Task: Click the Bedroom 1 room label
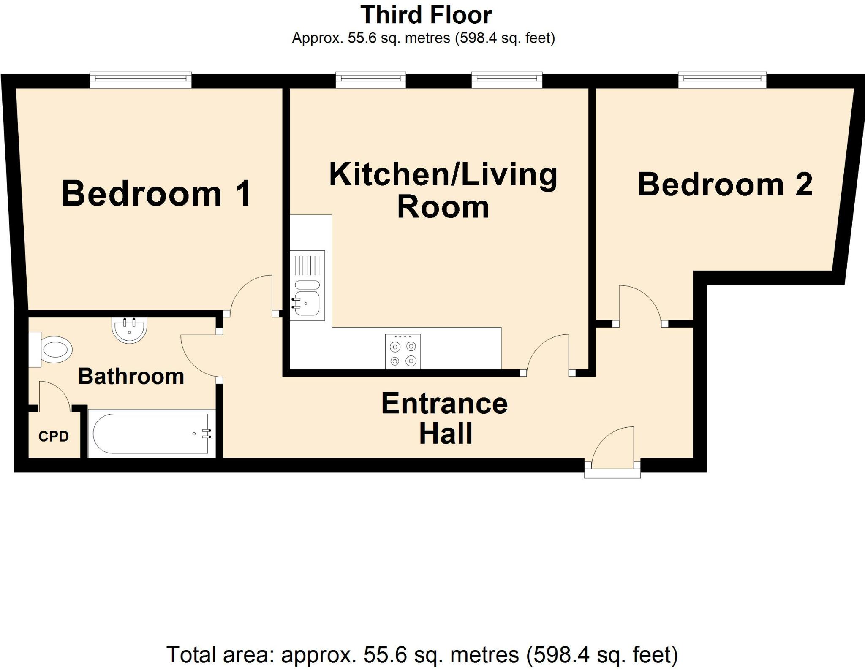pos(157,194)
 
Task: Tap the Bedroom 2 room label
pos(725,184)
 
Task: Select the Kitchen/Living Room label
pos(443,190)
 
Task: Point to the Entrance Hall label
pos(444,418)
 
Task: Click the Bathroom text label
pos(131,376)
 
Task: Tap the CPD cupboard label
pos(54,436)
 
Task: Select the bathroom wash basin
pos(129,329)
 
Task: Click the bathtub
pos(151,434)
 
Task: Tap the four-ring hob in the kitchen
pos(403,351)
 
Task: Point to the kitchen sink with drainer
pos(307,285)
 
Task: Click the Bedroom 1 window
pos(141,80)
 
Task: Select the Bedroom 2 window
pos(722,80)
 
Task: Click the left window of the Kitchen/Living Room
pos(370,80)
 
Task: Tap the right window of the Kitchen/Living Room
pos(506,80)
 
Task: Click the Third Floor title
pos(426,15)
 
